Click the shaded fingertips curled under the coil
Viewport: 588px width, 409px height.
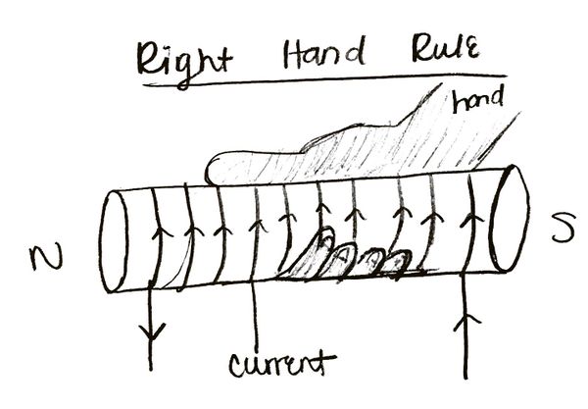(348, 258)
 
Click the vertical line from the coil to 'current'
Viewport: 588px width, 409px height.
(255, 314)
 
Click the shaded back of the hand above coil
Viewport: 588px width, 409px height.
(392, 147)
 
